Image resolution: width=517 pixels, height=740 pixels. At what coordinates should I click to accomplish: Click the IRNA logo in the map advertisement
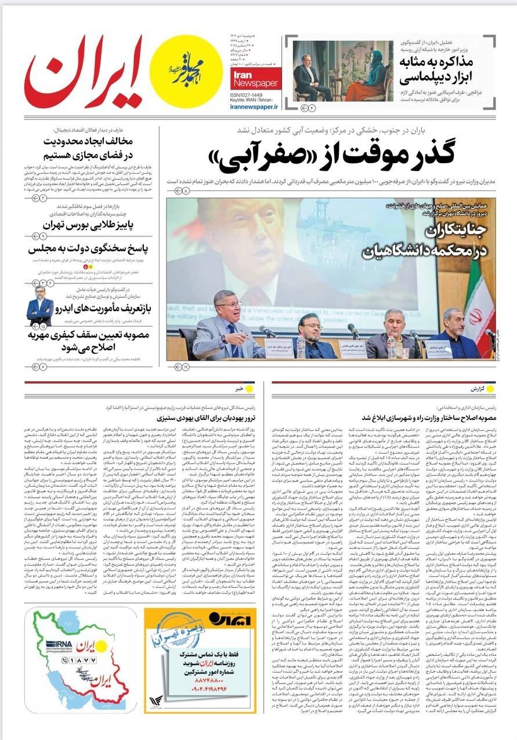click(x=58, y=644)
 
